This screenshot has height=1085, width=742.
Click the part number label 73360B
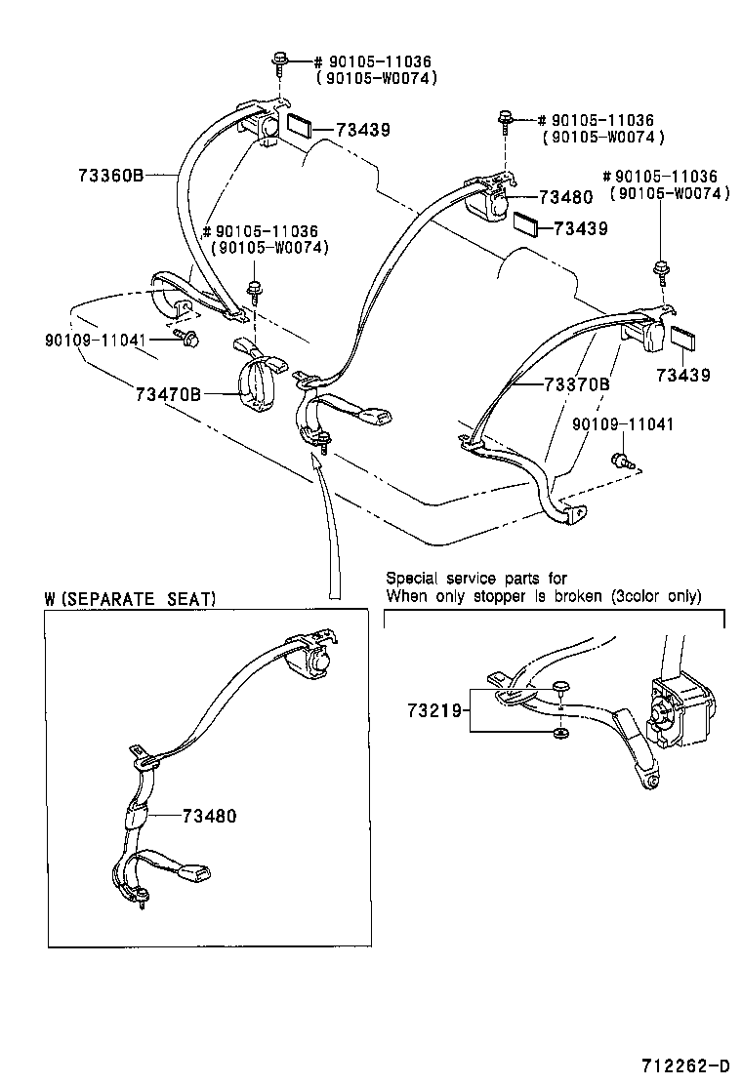coord(110,176)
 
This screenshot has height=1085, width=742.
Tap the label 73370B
coord(576,384)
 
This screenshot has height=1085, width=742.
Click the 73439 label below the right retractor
coord(683,375)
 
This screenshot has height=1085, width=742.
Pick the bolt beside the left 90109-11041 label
coord(190,339)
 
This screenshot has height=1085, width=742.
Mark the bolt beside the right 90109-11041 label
coord(618,459)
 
